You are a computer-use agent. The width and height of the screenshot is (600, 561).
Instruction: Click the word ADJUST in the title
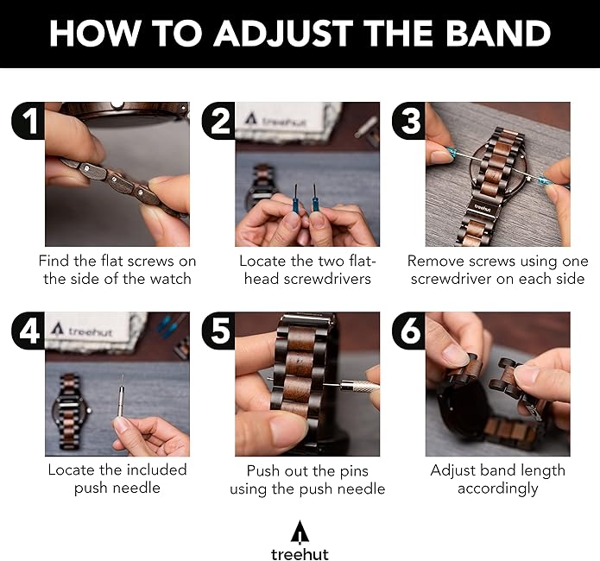[283, 34]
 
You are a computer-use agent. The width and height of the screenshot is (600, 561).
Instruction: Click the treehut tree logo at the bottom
[300, 532]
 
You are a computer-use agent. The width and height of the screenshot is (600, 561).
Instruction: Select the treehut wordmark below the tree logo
[300, 554]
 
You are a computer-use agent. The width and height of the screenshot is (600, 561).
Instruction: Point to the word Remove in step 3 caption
[435, 261]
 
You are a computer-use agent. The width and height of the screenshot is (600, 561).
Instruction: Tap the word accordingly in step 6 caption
[498, 489]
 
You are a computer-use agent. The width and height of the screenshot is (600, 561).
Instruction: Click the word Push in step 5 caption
[263, 470]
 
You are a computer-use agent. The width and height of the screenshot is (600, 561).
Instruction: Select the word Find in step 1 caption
[54, 261]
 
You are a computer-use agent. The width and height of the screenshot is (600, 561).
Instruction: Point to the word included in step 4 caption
[156, 470]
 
